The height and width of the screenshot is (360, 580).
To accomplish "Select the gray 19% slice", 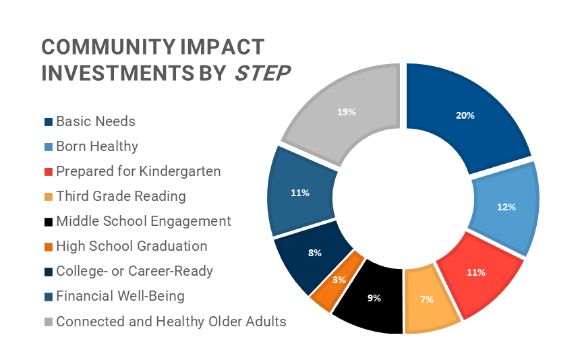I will tap(347, 112).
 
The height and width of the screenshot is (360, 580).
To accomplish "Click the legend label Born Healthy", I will tap(96, 146).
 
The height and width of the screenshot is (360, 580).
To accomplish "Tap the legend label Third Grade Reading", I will tap(121, 196).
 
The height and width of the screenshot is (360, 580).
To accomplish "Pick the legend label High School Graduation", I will tap(132, 246).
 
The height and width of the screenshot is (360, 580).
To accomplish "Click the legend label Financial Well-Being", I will tap(120, 296).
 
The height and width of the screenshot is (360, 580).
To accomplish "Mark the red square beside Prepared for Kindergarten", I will tap(49, 172).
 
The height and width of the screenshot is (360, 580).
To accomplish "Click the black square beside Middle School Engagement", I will tap(49, 222).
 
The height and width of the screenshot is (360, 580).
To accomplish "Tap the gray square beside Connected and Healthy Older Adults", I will tap(49, 322).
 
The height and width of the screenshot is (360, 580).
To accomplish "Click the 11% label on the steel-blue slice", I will tap(300, 193).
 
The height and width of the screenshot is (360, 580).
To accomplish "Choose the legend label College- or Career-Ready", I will tap(134, 271).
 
